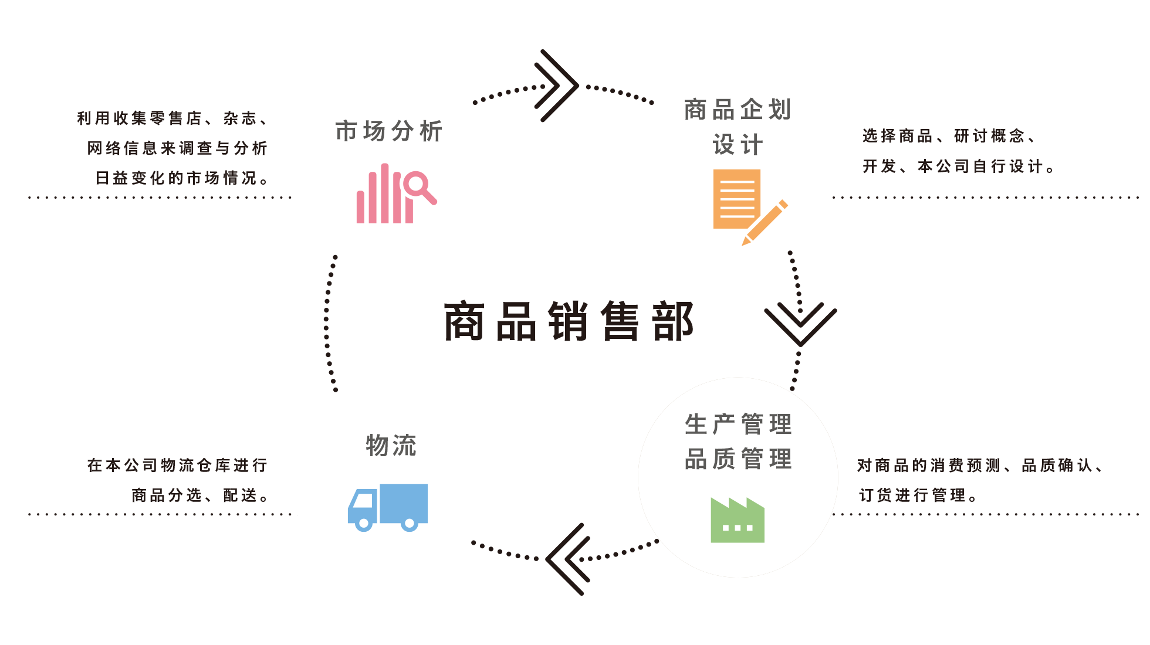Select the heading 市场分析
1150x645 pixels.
(x=388, y=131)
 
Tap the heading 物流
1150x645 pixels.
(x=391, y=446)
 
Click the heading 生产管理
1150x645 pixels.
(x=738, y=424)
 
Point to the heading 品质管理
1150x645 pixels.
(x=738, y=459)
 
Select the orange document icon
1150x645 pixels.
(x=736, y=199)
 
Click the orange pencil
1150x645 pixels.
(x=765, y=223)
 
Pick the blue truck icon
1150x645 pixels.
(x=388, y=508)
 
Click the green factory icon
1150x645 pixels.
(x=738, y=520)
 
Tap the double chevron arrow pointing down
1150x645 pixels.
(x=800, y=324)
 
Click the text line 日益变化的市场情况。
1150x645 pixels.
(x=182, y=178)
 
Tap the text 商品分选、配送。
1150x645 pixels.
(x=200, y=495)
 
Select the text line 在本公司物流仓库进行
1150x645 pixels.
(x=177, y=466)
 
